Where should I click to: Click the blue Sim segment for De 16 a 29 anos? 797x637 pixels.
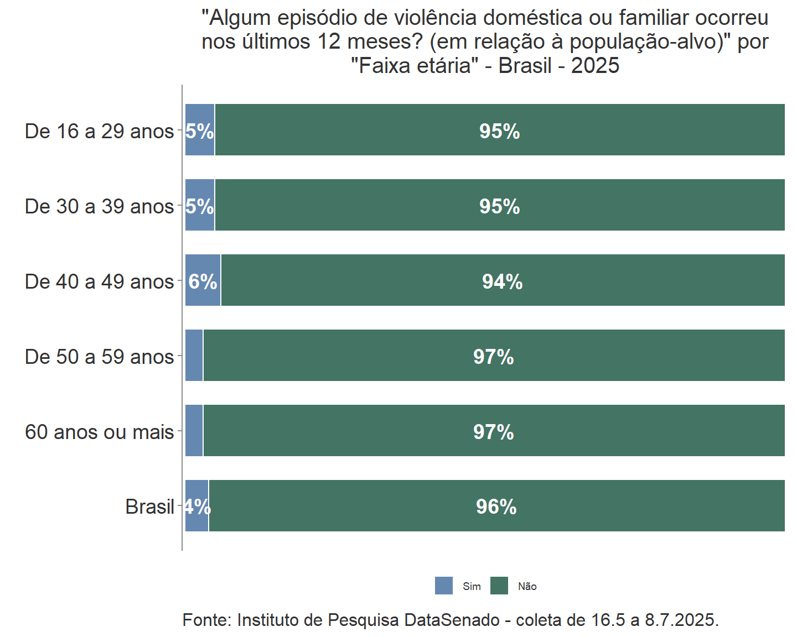(200, 130)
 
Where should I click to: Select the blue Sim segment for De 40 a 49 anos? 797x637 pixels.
(203, 280)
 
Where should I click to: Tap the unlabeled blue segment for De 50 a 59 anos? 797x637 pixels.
(194, 356)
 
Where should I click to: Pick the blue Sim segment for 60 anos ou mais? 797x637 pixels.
(194, 431)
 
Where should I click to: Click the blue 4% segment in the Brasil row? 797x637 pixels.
(197, 506)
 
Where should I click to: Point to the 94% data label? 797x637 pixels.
(502, 282)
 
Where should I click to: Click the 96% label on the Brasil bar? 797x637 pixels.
(496, 507)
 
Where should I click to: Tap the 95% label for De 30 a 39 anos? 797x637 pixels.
(499, 207)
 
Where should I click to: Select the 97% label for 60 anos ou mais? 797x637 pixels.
(493, 432)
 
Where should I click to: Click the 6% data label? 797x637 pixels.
(203, 282)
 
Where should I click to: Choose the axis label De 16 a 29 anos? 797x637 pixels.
(100, 131)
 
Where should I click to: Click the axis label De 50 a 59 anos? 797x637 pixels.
(100, 357)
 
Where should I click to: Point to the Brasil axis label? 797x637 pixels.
(149, 507)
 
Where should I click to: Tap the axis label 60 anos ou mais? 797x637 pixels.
(100, 432)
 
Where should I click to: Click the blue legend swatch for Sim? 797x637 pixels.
(444, 586)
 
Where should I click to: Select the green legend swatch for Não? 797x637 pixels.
(499, 586)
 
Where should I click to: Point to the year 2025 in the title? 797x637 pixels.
(595, 66)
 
